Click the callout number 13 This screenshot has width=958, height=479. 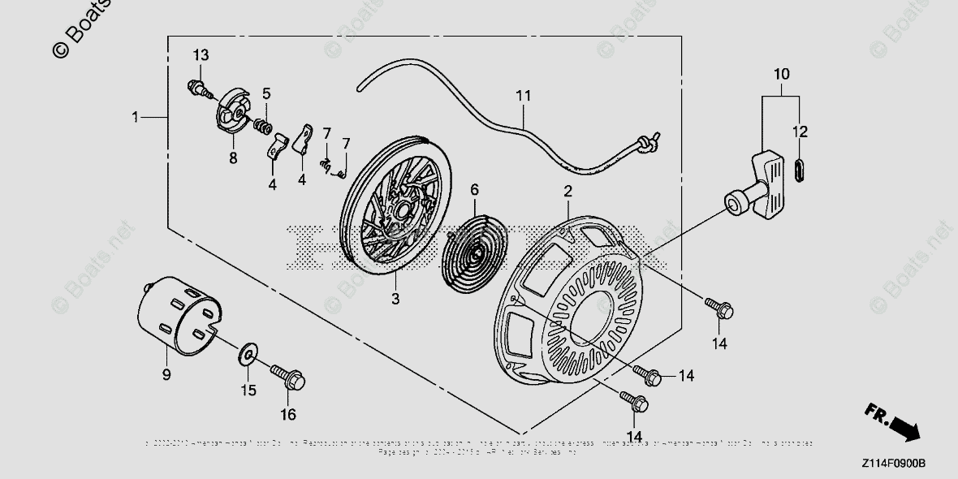point(201,55)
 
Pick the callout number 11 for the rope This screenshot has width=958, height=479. point(523,96)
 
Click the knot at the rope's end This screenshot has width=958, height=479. point(646,143)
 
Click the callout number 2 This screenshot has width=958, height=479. point(567,192)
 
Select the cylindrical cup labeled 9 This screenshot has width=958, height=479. point(175,317)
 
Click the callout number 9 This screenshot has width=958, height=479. point(166,374)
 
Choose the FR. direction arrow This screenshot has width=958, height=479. point(894,423)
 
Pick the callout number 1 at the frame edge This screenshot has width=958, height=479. point(136,118)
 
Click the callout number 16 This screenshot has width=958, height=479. point(288,415)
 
